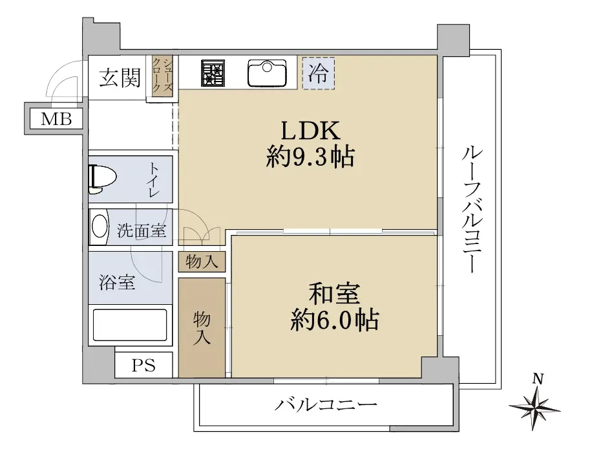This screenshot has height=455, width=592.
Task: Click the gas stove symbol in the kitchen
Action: (213, 73)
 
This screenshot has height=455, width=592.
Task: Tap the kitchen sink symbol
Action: (267, 73)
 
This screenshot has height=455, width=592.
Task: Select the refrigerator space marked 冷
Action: (318, 73)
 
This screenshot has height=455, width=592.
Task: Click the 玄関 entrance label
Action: (120, 78)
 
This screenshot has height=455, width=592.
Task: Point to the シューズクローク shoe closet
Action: (163, 75)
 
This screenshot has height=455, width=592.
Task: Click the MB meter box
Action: (56, 120)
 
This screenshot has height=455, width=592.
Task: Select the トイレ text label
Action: (154, 180)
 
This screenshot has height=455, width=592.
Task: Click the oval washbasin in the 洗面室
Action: (100, 226)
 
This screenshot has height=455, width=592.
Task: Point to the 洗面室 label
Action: (142, 230)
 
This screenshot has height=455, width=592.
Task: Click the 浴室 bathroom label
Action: (117, 282)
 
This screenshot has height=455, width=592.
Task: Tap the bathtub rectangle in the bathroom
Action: (130, 325)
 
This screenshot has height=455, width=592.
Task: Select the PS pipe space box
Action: (143, 366)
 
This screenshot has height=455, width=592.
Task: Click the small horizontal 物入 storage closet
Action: (202, 261)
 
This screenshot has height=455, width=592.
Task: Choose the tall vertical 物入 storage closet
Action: (202, 328)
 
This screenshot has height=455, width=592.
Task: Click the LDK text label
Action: (310, 131)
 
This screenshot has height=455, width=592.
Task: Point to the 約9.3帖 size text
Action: (310, 157)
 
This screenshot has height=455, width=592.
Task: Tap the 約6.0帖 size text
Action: (335, 320)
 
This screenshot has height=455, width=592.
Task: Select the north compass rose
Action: (535, 404)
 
